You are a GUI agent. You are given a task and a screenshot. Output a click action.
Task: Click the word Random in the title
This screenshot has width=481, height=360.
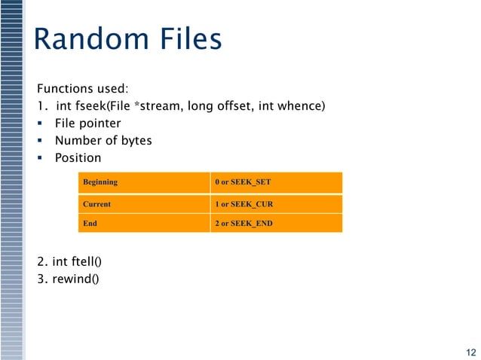coord(93,39)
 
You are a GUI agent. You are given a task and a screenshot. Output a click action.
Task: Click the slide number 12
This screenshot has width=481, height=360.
coord(470,352)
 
